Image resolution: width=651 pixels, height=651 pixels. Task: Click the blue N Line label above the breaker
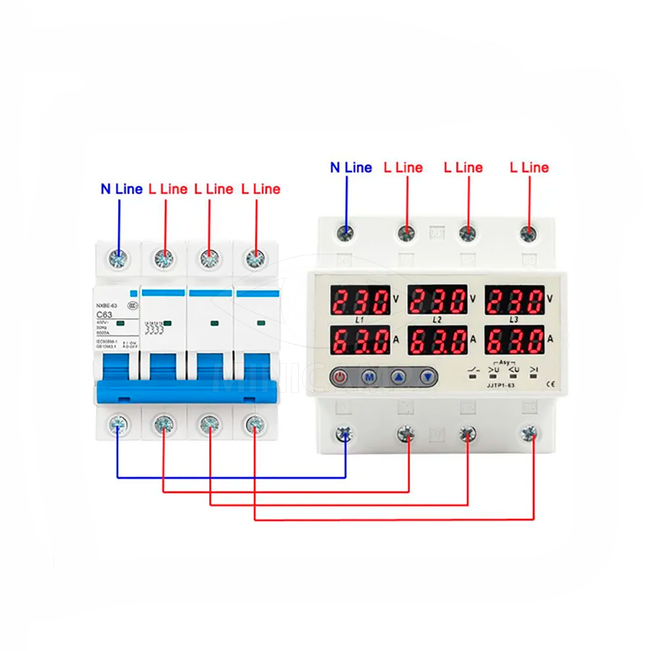click(122, 189)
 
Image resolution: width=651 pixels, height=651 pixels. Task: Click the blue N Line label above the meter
click(351, 168)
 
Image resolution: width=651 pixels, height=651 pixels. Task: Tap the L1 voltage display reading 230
click(360, 301)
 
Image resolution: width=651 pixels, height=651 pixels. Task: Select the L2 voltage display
click(437, 301)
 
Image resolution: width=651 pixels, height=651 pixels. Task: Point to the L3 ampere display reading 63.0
click(514, 341)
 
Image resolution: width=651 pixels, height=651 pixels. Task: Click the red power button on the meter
click(340, 376)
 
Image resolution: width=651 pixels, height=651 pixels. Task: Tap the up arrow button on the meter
click(399, 376)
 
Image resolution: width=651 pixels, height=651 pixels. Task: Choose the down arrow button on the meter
click(429, 376)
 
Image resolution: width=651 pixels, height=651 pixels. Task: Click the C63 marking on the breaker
click(104, 315)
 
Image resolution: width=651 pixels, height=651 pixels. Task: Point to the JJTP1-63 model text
click(500, 385)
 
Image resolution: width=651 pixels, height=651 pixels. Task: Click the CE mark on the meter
click(550, 385)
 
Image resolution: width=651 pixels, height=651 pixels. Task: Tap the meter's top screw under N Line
click(345, 233)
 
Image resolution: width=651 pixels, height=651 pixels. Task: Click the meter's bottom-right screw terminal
click(528, 433)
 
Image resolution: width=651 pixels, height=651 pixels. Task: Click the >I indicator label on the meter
click(534, 370)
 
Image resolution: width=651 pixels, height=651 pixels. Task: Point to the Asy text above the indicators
click(505, 362)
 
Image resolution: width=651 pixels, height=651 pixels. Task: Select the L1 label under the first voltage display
click(360, 320)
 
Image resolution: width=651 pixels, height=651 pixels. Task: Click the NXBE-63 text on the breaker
click(107, 305)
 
